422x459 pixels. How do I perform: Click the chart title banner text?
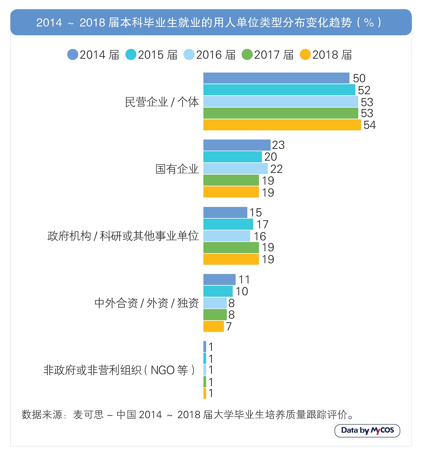tap(209, 23)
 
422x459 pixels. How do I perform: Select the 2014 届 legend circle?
tap(73, 55)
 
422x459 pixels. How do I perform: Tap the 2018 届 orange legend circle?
tap(305, 55)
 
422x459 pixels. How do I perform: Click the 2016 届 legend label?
tap(215, 55)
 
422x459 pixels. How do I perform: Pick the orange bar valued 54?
tap(282, 125)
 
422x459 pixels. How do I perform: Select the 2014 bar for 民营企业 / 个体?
tap(276, 78)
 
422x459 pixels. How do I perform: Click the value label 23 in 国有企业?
tap(278, 145)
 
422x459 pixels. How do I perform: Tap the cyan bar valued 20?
tap(232, 157)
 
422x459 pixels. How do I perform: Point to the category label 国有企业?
tap(177, 169)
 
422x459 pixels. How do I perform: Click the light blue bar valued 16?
tap(227, 236)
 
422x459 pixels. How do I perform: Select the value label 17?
tap(262, 225)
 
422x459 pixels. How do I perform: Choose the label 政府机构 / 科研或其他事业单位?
tap(123, 236)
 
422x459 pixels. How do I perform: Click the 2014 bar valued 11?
tap(219, 280)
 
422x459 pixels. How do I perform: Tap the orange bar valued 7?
tap(213, 326)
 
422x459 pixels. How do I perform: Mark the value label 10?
tap(242, 291)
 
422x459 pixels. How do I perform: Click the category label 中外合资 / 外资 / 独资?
tap(147, 303)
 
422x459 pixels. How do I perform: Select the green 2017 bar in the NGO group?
tap(205, 382)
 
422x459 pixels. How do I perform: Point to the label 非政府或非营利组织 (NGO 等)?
tap(119, 370)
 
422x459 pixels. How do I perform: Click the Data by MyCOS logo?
tap(367, 430)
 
